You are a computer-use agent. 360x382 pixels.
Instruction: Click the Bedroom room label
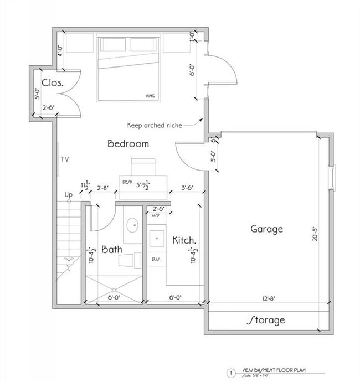[x=128, y=144]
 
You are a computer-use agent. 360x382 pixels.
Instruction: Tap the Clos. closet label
[x=52, y=83]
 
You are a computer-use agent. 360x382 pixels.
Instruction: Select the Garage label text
[x=266, y=229]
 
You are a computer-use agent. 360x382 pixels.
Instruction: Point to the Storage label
[x=265, y=320]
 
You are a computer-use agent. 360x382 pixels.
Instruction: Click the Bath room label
[x=111, y=250]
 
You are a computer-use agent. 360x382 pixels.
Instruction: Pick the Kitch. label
[x=183, y=240]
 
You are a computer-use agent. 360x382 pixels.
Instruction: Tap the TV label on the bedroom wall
[x=65, y=159]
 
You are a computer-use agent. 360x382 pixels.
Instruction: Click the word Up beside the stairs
[x=69, y=195]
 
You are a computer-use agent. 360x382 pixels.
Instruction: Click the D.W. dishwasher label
[x=156, y=259]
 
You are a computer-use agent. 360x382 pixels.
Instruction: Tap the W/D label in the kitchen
[x=156, y=215]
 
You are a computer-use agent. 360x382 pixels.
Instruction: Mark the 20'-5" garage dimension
[x=316, y=229]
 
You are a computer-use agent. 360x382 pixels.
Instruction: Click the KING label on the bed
[x=150, y=96]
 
